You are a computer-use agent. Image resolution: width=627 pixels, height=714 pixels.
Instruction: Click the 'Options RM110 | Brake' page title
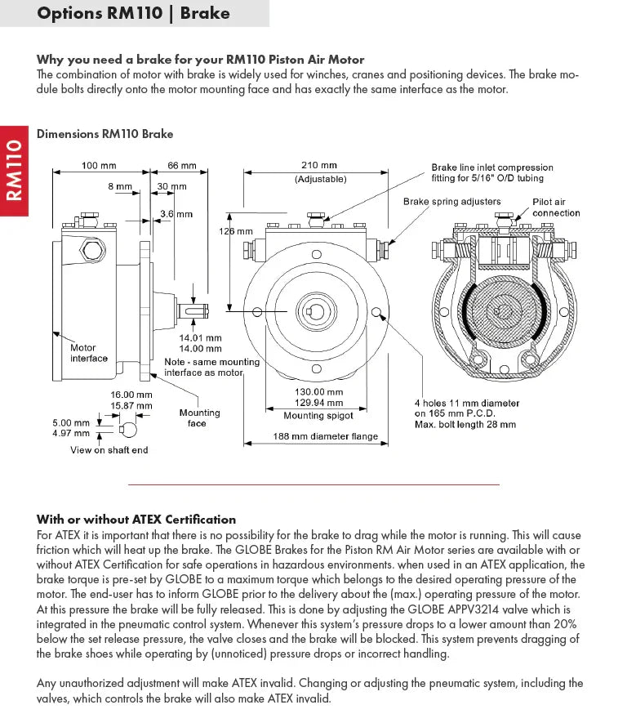[134, 13]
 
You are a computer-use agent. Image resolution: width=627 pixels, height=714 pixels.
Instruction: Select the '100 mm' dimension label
[99, 166]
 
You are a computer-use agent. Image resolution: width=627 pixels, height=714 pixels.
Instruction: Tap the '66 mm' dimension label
[182, 166]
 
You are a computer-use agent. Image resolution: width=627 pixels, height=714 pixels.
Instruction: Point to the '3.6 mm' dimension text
[176, 214]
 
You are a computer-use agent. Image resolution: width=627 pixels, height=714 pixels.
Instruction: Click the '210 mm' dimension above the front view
[319, 166]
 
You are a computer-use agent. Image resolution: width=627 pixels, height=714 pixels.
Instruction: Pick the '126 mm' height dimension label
[237, 231]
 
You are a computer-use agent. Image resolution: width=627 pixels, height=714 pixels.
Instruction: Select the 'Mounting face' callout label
[199, 417]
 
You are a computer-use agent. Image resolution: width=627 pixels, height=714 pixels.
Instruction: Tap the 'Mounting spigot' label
[318, 415]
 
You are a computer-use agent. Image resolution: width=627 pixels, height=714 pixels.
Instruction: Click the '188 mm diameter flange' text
[325, 436]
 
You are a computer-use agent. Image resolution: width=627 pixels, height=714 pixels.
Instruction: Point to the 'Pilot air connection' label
[556, 208]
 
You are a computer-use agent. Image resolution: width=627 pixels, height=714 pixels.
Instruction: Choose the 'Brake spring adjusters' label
[451, 201]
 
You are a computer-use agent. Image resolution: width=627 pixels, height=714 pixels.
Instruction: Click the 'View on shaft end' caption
[109, 450]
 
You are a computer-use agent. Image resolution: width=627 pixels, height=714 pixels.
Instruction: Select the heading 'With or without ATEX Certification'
[136, 520]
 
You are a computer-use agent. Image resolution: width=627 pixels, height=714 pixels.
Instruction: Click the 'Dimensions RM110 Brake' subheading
[105, 134]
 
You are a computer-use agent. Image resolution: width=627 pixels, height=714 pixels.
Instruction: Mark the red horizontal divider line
[313, 484]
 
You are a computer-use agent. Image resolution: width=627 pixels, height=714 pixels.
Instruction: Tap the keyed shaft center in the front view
[314, 311]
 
